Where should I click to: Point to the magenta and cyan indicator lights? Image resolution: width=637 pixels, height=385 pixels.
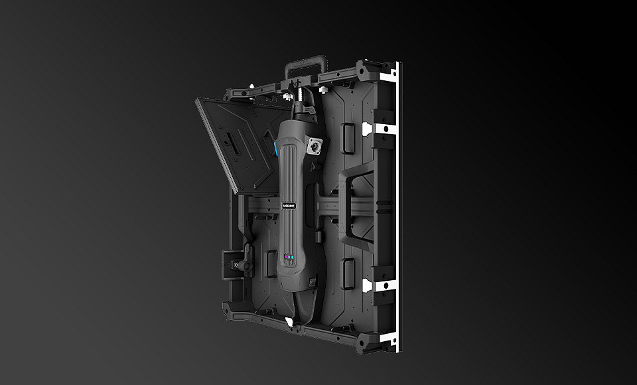click(289, 256)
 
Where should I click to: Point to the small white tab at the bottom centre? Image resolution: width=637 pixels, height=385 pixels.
click(289, 322)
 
